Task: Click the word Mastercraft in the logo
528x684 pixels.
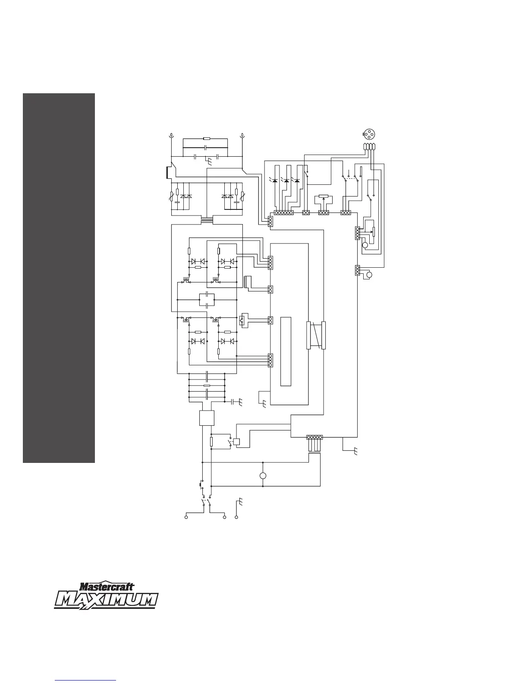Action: click(x=107, y=587)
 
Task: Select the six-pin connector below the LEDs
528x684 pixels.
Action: click(x=284, y=213)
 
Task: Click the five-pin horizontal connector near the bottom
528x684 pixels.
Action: click(x=314, y=437)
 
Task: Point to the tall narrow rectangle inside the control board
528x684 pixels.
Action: click(x=286, y=351)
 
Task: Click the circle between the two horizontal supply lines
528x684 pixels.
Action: click(x=263, y=476)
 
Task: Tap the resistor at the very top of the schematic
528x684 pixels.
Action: click(x=207, y=139)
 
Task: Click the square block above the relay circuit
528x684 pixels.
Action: click(x=207, y=418)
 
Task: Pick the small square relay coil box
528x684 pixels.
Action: click(x=236, y=442)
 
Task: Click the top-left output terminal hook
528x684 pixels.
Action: click(x=171, y=136)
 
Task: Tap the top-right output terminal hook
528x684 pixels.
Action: click(x=243, y=136)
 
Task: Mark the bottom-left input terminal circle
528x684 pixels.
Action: click(x=186, y=517)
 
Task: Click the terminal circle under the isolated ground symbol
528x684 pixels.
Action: click(x=236, y=517)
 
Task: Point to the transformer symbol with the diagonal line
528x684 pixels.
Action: click(x=316, y=335)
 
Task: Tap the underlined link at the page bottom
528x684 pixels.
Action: click(x=86, y=681)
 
